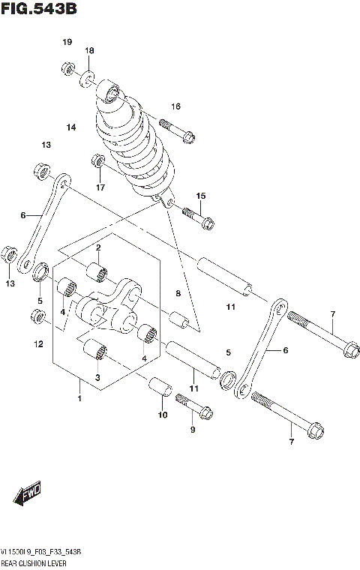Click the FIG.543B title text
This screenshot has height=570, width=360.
(38, 10)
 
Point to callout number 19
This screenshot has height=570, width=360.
(67, 41)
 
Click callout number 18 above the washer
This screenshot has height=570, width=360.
(89, 50)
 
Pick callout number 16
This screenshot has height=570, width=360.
(176, 106)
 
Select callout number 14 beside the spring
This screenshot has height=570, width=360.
(71, 127)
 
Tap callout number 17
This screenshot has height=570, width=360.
(98, 187)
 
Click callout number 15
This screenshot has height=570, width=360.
(200, 196)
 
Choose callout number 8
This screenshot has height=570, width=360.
(178, 293)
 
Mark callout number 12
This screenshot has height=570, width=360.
(39, 344)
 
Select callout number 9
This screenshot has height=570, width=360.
(192, 429)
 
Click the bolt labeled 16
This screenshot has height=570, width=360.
(177, 128)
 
